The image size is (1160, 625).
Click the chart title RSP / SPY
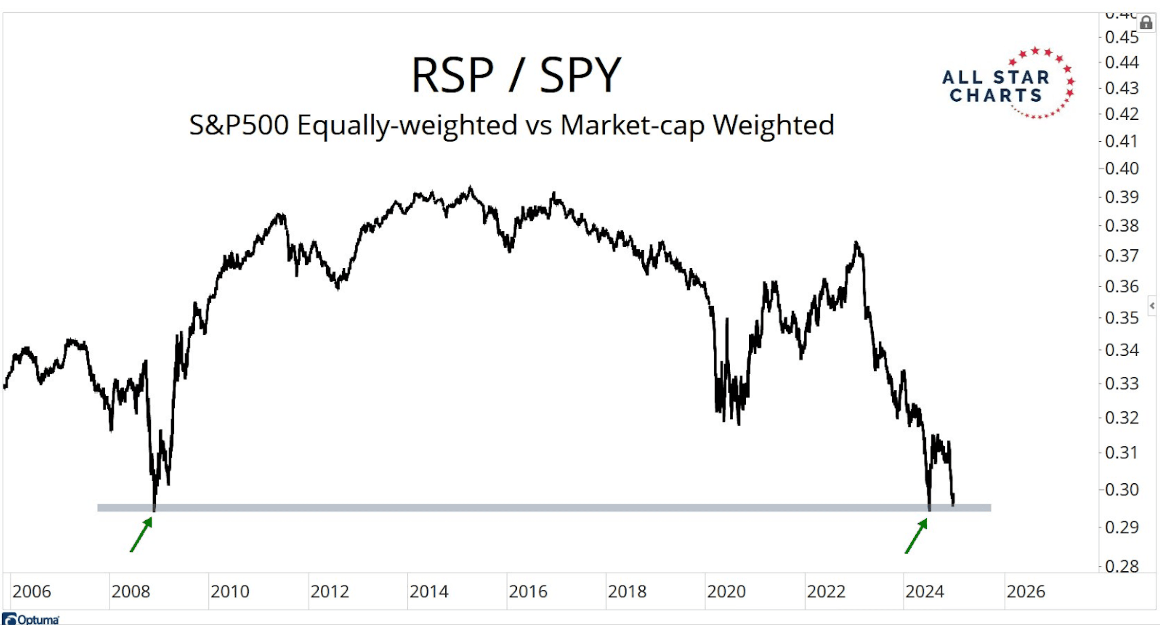coord(516,75)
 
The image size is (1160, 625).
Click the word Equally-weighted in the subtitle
coord(407,125)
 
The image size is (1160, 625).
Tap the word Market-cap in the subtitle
coord(632,125)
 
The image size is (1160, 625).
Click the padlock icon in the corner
coord(1145,22)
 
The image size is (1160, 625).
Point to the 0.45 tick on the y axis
coord(1121,37)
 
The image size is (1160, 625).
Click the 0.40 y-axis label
coord(1121,169)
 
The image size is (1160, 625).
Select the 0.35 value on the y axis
coord(1121,319)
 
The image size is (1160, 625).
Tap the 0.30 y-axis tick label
coord(1121,489)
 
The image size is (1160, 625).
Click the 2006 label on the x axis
coord(31,592)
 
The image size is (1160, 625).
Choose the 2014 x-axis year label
coord(429,592)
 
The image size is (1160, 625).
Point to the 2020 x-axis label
coord(726,592)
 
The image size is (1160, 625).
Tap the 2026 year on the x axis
coord(1025,592)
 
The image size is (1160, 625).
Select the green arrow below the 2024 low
coord(916,536)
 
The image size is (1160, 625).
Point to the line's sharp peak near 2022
coord(856,243)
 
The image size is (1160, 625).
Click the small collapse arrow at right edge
coord(1152,306)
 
